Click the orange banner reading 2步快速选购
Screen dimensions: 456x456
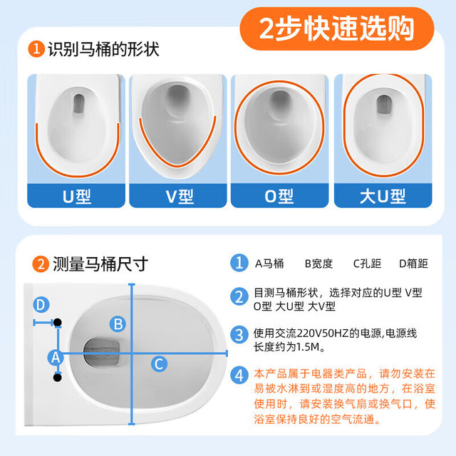point(337,28)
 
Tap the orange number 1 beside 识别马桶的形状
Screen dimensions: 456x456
point(36,48)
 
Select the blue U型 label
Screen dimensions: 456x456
point(76,196)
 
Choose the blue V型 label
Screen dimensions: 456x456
point(178,196)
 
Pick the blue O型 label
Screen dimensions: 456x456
point(279,196)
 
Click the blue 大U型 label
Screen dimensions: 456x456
point(383,196)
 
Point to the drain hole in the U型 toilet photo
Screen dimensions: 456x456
point(78,103)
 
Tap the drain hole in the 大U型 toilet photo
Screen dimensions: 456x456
point(383,105)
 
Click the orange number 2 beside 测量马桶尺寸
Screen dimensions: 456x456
point(41,264)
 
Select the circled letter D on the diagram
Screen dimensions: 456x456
point(41,304)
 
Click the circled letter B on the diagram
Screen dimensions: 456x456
point(118,324)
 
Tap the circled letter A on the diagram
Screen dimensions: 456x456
point(56,357)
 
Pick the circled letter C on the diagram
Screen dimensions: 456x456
point(159,364)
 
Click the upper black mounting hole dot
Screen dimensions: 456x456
point(58,322)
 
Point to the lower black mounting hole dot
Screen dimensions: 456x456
point(58,378)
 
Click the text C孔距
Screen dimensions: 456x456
point(367,264)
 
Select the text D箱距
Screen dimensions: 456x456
point(413,264)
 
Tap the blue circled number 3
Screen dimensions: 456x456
point(239,334)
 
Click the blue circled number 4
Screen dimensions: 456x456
point(239,375)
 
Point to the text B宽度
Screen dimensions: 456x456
point(318,264)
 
